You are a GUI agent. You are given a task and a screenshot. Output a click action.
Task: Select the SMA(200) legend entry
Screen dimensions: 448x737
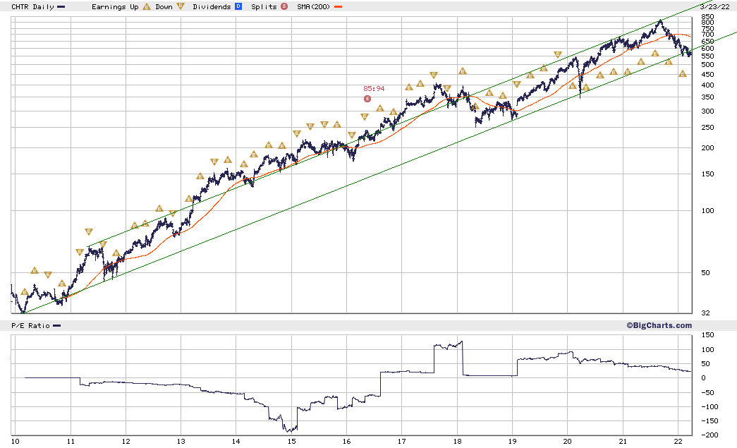[314, 6]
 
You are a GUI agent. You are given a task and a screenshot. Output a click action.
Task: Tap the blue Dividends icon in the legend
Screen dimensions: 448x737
[238, 6]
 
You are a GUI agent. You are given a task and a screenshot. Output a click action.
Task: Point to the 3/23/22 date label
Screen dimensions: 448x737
[716, 6]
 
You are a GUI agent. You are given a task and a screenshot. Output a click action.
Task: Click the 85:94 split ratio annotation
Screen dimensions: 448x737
[374, 88]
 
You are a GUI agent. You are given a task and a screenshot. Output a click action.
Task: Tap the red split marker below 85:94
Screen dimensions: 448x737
[367, 99]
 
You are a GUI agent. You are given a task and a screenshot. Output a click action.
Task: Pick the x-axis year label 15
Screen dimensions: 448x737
[292, 442]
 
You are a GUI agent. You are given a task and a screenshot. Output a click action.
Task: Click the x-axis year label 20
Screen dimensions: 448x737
[568, 442]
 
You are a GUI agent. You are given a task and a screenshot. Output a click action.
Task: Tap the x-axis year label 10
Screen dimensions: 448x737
[14, 442]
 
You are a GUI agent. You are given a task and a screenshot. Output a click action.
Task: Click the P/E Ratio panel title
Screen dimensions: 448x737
[30, 325]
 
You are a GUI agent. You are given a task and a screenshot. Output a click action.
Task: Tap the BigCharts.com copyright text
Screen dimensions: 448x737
[659, 325]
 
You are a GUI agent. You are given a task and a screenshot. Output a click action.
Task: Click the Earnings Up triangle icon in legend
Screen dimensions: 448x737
[146, 6]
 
